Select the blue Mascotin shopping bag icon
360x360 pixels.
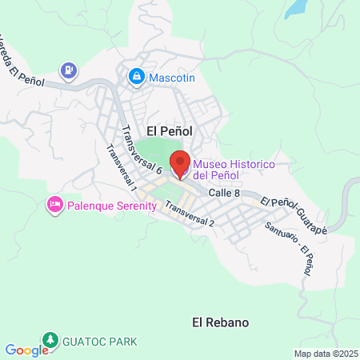136,77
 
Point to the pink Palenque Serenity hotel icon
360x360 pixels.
55,205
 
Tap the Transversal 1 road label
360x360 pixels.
122,167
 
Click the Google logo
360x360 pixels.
26,350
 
